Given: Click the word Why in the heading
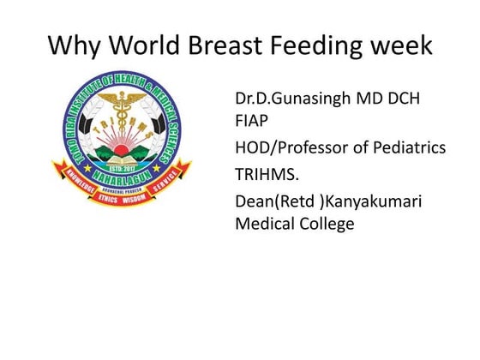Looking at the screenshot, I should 72,45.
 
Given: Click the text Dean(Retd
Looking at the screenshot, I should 274,201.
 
